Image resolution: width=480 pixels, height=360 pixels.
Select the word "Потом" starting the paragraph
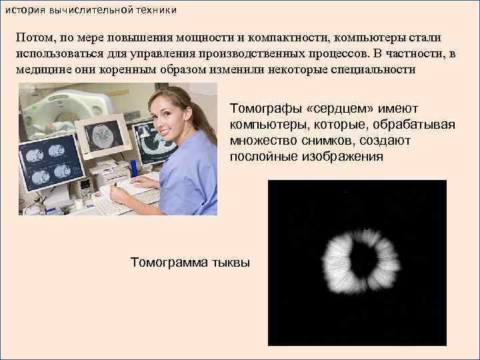[x=36, y=38]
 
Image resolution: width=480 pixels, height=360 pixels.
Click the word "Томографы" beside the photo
[x=262, y=109]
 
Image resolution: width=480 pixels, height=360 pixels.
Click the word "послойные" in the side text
[x=261, y=157]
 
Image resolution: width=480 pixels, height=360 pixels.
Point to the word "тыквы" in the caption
[x=230, y=263]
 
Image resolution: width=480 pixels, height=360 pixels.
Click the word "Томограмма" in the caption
[x=169, y=263]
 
